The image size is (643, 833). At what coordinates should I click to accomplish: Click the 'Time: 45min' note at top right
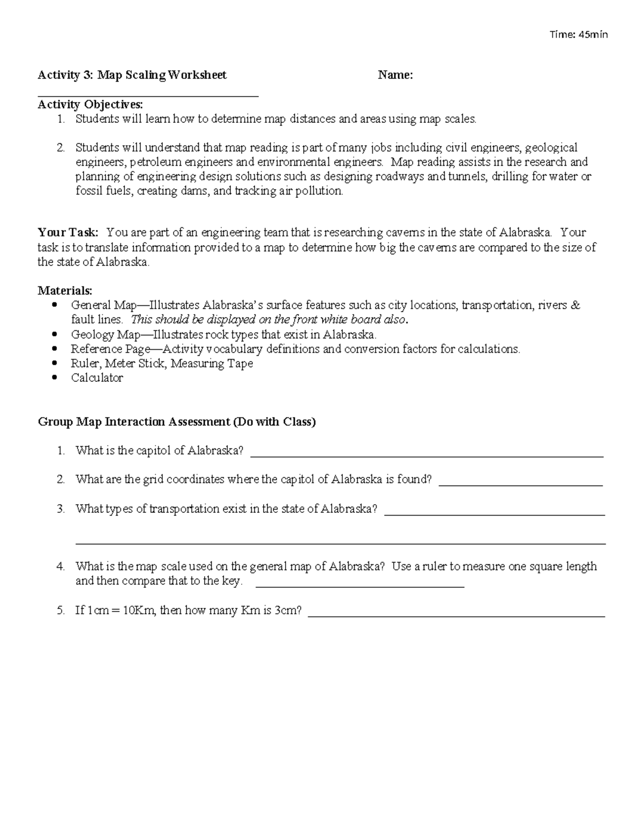pos(579,35)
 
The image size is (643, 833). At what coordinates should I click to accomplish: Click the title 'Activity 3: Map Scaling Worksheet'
pos(132,75)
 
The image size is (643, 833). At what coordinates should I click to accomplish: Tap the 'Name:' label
pos(395,75)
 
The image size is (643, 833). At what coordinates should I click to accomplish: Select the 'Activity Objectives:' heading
pos(90,104)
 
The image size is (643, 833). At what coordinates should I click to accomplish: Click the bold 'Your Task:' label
pos(68,233)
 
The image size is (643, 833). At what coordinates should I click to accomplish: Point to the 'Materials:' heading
pos(65,291)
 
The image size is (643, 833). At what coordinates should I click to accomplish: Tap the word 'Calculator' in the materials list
pos(97,378)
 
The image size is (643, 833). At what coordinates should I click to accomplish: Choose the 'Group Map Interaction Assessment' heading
pos(134,422)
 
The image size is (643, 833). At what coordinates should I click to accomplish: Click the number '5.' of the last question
pos(61,610)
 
